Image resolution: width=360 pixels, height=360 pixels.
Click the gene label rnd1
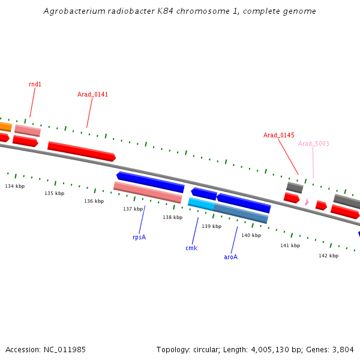click(35, 84)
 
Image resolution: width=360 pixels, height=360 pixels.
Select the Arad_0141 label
click(92, 94)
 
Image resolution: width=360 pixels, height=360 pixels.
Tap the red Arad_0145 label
click(278, 135)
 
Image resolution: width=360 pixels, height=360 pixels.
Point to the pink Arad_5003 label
click(314, 143)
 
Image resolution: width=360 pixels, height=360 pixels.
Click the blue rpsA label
click(139, 237)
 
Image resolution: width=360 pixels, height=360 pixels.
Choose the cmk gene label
click(191, 248)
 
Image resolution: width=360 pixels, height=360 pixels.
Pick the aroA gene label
click(231, 257)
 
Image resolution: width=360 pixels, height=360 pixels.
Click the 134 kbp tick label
click(14, 186)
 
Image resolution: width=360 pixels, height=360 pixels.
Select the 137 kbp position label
click(133, 209)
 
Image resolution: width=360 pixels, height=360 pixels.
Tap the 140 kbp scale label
click(251, 235)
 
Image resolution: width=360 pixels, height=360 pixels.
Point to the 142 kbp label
click(328, 256)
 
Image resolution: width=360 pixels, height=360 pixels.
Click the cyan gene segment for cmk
click(201, 204)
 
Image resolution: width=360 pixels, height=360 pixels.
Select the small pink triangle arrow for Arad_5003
click(307, 202)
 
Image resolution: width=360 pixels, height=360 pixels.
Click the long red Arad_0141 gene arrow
click(81, 151)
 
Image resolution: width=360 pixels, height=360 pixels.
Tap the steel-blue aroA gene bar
click(241, 214)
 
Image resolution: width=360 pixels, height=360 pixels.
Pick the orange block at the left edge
click(5, 127)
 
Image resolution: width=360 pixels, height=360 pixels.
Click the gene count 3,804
click(343, 349)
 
